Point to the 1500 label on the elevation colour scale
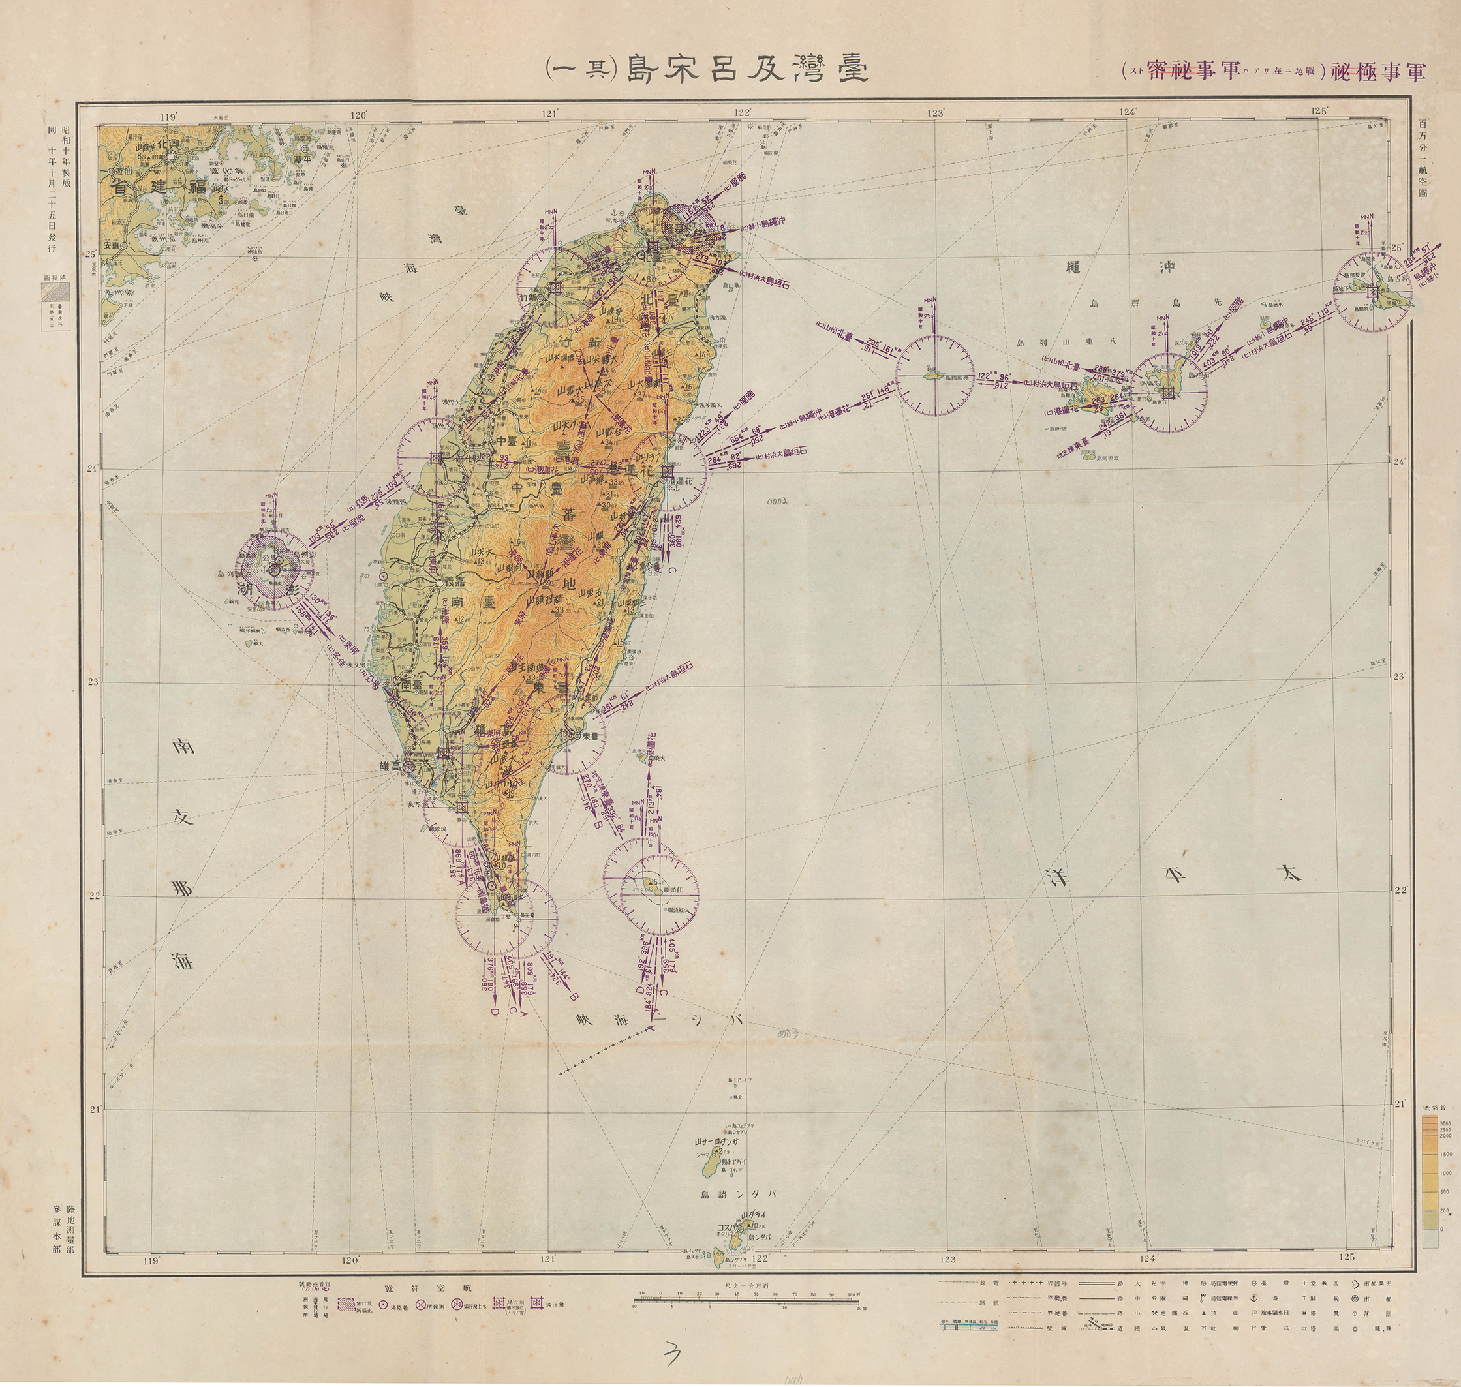(x=1443, y=1153)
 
